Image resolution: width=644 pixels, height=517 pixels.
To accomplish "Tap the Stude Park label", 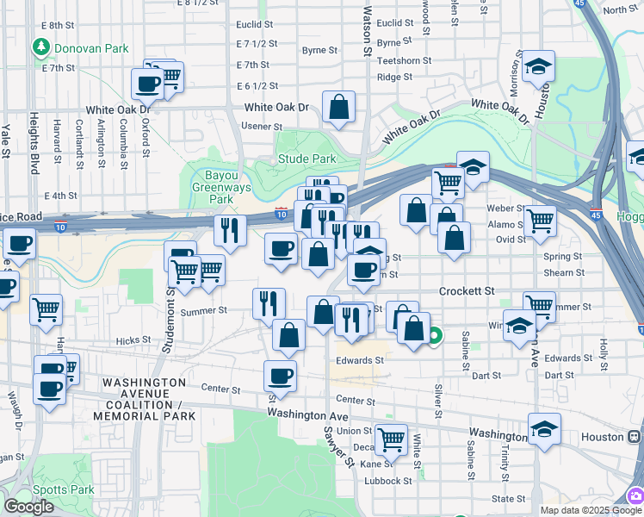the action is click(x=307, y=159).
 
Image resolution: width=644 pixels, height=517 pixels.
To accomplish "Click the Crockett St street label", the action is click(x=467, y=291).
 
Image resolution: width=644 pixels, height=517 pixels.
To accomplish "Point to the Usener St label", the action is click(x=257, y=126).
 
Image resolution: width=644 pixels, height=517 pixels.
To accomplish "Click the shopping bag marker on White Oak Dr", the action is click(x=339, y=108).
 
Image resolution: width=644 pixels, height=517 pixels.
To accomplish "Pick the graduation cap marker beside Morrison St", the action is click(x=538, y=66).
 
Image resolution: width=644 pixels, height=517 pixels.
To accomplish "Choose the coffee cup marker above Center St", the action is click(x=280, y=376).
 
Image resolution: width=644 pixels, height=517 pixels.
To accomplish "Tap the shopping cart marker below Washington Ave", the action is click(x=391, y=439).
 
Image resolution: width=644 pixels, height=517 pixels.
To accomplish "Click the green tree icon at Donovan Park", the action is click(x=39, y=47).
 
